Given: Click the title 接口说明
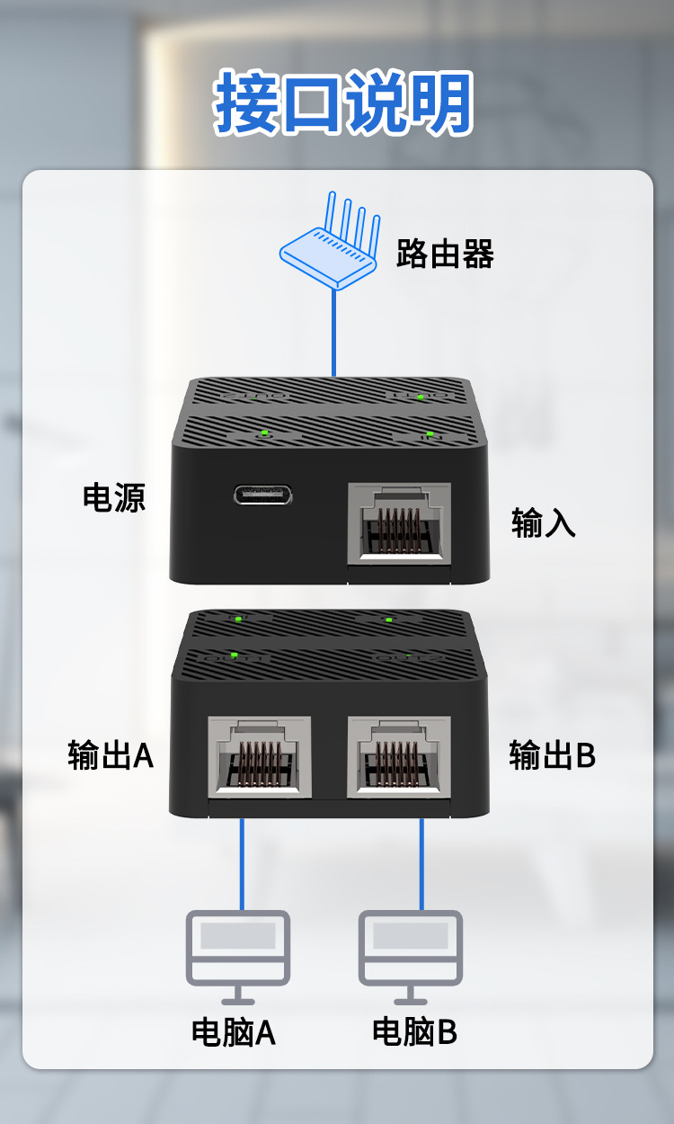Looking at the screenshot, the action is point(343,104).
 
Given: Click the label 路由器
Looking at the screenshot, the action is point(445,254).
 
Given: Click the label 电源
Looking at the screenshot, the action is point(114,497).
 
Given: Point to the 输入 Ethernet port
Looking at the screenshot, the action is point(399,523).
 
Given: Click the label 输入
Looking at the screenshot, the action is point(543,522).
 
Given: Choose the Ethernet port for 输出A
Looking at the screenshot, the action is point(260,756).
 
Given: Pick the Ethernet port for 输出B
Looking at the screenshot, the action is point(399,756).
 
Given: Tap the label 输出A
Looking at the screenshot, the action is point(111,755).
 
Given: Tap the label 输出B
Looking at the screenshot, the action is point(552,755).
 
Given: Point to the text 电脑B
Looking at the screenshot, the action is point(414,1032).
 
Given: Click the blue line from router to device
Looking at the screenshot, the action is point(333,333).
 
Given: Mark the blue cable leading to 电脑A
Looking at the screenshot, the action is point(241,863).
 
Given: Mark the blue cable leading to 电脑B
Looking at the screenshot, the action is point(421,863).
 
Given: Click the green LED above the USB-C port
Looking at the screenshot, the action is point(263,433).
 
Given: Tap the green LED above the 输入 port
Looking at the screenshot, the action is point(430,434).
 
